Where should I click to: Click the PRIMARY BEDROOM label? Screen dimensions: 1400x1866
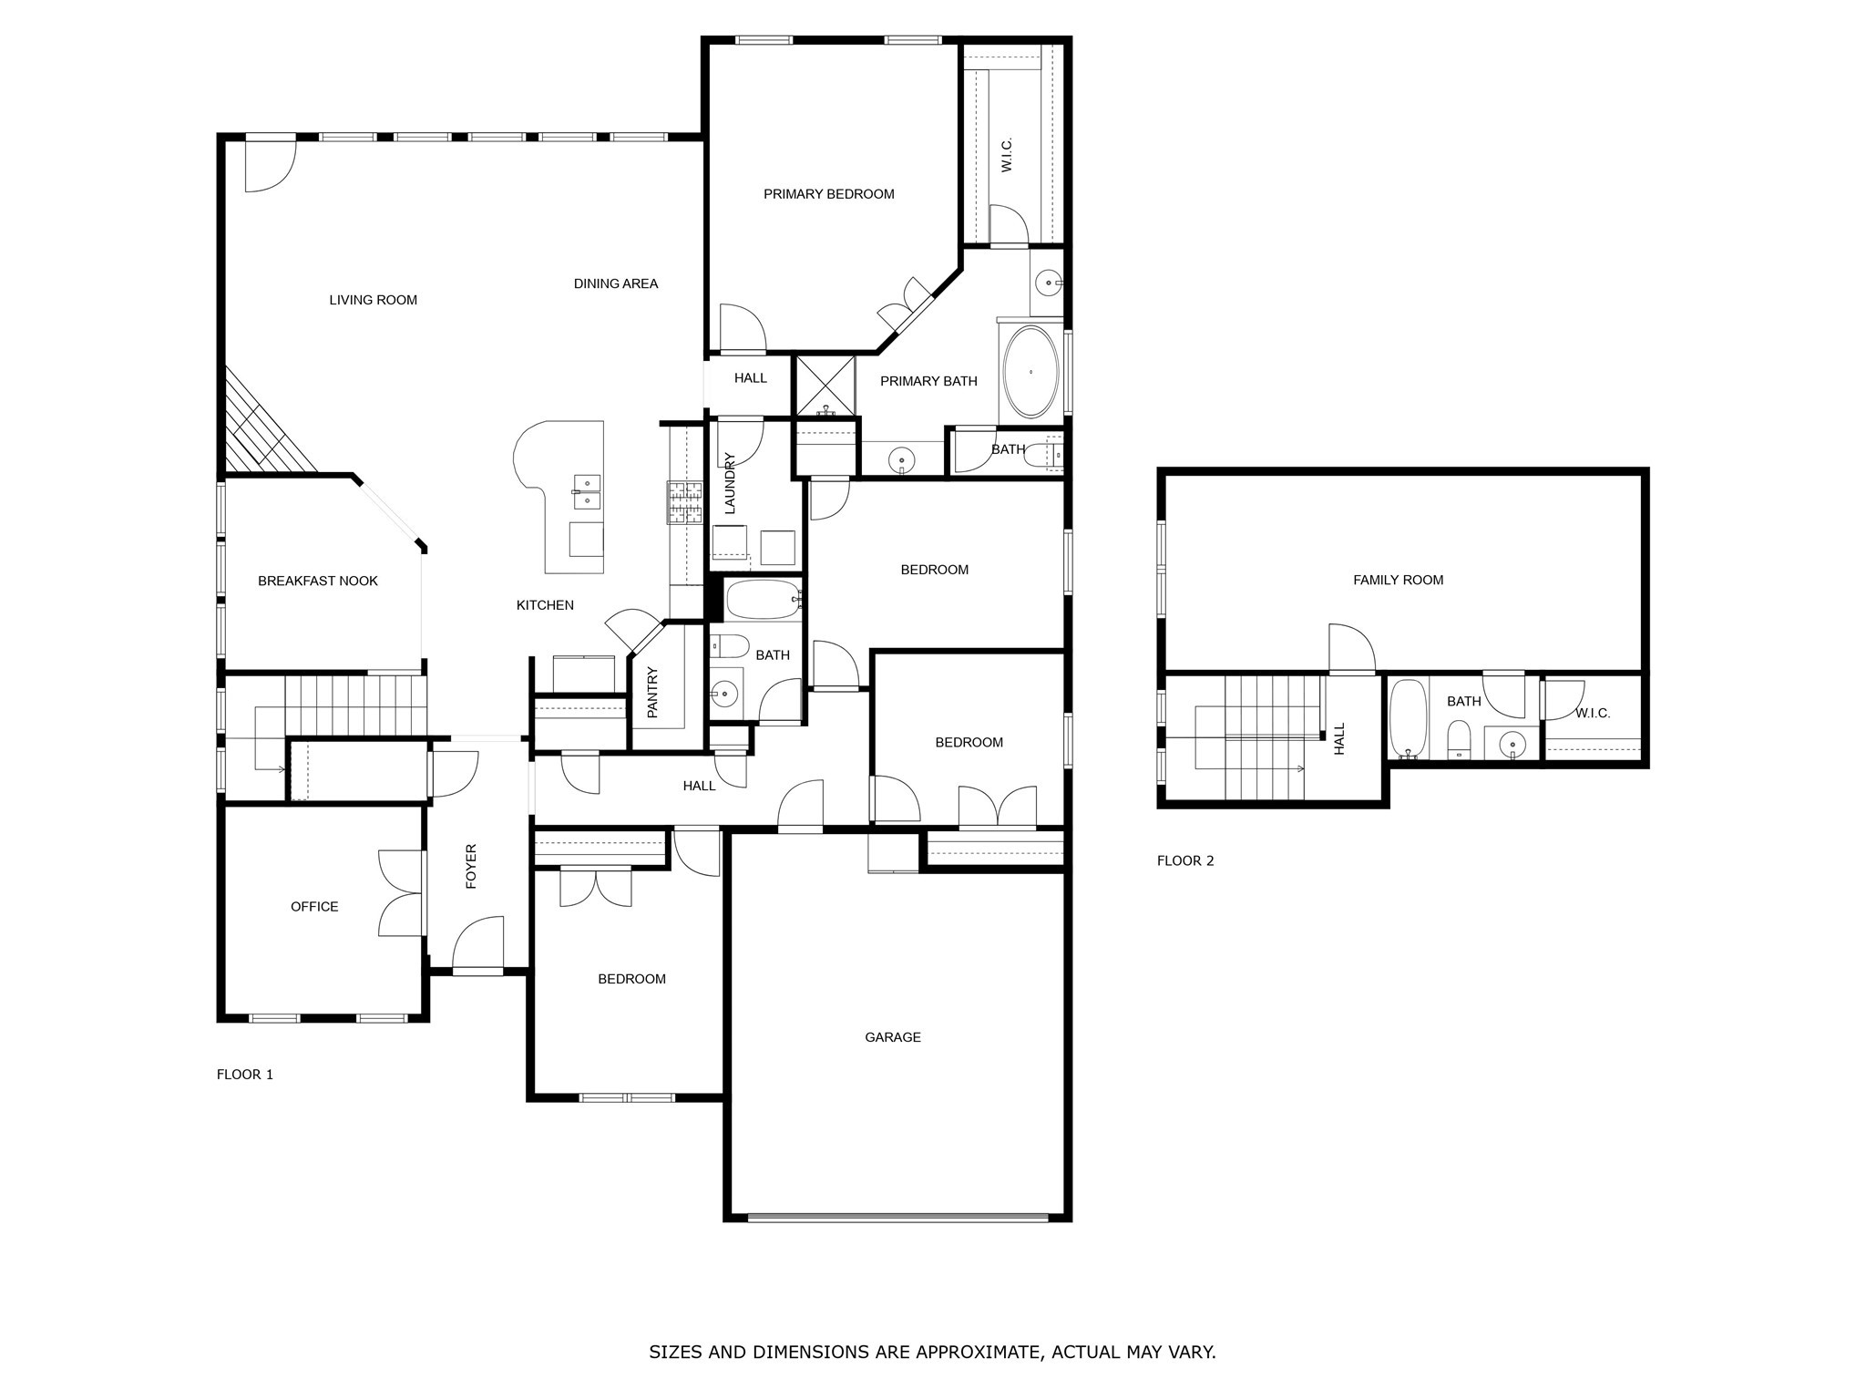pos(828,194)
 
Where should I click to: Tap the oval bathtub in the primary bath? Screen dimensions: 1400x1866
pos(1030,373)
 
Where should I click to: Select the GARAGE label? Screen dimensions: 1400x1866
pos(892,1037)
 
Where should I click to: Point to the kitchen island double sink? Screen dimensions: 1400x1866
pos(586,490)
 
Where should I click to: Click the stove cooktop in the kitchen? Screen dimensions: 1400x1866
pos(684,502)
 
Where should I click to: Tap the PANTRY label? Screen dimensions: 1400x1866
pos(652,693)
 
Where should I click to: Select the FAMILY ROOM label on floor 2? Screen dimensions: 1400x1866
pos(1398,580)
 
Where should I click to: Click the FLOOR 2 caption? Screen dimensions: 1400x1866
pos(1184,860)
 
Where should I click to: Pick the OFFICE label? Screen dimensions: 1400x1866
pos(314,907)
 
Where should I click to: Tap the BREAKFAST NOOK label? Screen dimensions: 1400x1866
pos(317,581)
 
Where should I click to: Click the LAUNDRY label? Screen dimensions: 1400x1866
pos(730,483)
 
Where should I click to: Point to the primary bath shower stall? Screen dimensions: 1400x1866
pos(825,386)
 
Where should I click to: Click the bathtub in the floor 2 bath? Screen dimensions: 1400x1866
pos(1408,719)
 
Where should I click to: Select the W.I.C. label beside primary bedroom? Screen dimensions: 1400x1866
pos(1007,154)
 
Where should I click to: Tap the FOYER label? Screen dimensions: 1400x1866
pos(471,866)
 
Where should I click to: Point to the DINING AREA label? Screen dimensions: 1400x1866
pos(615,283)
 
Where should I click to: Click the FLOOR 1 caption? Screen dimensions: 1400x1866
pos(244,1075)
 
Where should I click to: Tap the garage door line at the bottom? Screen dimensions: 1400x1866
pos(897,1217)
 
